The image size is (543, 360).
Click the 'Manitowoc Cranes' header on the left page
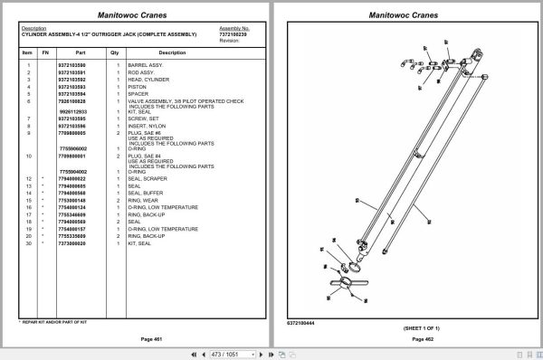pyautogui.click(x=136, y=14)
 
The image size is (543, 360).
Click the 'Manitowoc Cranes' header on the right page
pyautogui.click(x=405, y=14)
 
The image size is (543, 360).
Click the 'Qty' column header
pyautogui.click(x=115, y=52)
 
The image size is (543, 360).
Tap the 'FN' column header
pyautogui.click(x=45, y=52)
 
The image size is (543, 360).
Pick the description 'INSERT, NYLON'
pyautogui.click(x=148, y=125)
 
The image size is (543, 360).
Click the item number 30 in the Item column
pyautogui.click(x=28, y=243)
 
